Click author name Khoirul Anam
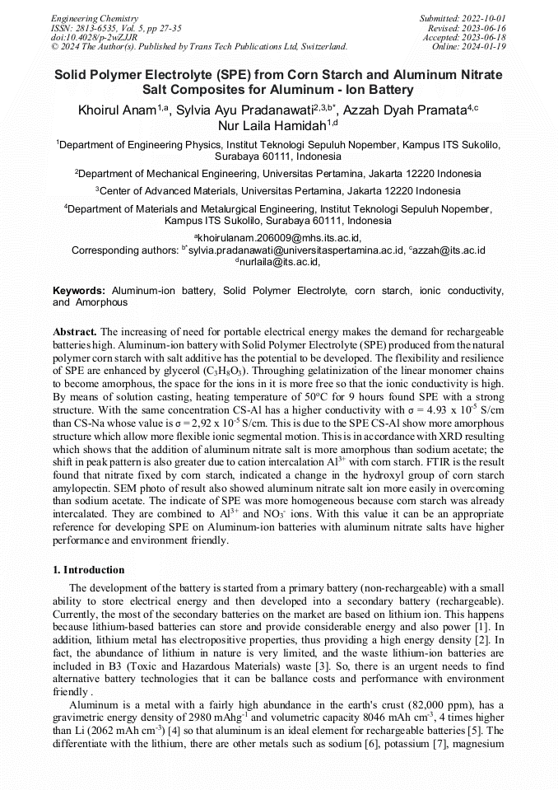[x=117, y=110]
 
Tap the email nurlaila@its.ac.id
[x=280, y=262]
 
